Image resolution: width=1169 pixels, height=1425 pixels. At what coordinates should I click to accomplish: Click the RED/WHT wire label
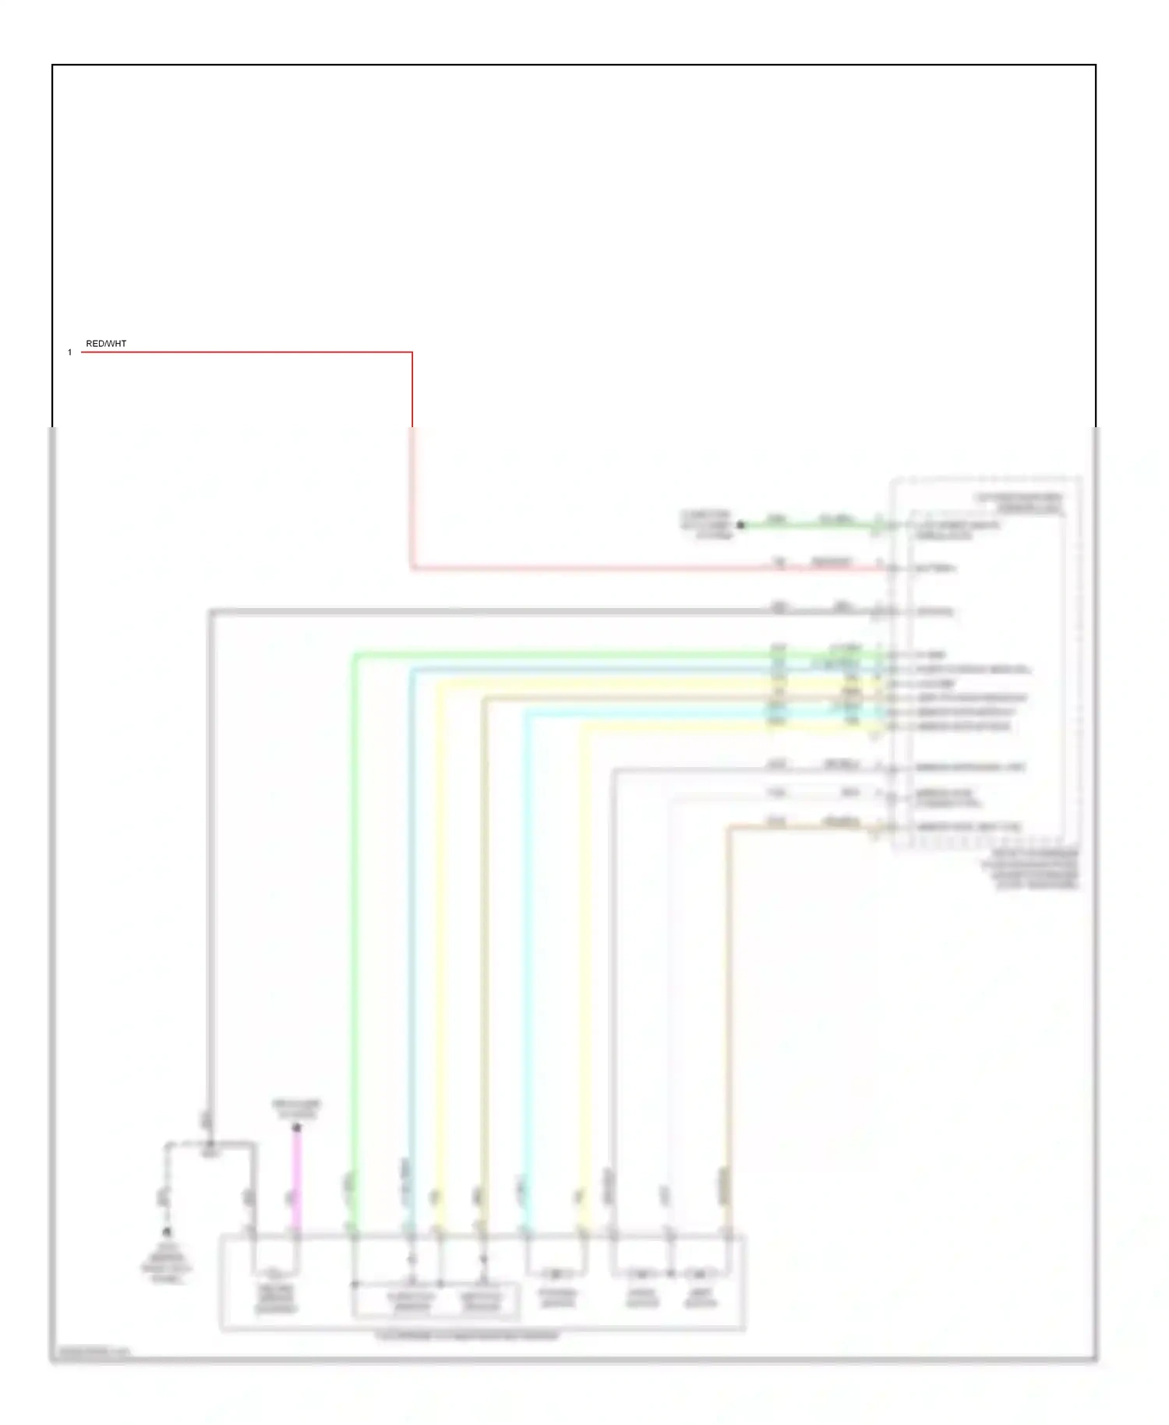(106, 344)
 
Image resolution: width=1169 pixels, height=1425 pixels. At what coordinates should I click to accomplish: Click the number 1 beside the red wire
(69, 352)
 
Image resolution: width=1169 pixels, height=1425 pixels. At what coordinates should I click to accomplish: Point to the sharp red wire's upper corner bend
(411, 352)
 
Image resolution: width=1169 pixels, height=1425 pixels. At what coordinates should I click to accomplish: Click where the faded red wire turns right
(411, 569)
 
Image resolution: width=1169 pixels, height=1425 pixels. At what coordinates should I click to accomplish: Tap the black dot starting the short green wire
(741, 525)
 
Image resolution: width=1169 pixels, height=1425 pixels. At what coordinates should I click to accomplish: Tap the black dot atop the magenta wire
(296, 1127)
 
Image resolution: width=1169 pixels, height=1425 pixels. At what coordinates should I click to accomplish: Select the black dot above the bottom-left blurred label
(166, 1232)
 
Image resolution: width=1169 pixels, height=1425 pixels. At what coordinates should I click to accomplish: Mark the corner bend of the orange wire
(728, 827)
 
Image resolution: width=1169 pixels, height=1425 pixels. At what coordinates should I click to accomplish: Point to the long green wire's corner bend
(355, 656)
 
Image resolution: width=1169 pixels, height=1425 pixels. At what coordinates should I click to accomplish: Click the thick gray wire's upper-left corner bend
(210, 612)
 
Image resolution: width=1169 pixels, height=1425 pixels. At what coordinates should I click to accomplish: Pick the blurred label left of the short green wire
(706, 525)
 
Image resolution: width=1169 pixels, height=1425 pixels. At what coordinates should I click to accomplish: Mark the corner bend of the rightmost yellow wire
(584, 727)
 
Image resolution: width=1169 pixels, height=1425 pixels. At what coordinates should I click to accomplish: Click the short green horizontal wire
(811, 526)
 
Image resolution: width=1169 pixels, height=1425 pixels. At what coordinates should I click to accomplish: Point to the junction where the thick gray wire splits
(210, 1144)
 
